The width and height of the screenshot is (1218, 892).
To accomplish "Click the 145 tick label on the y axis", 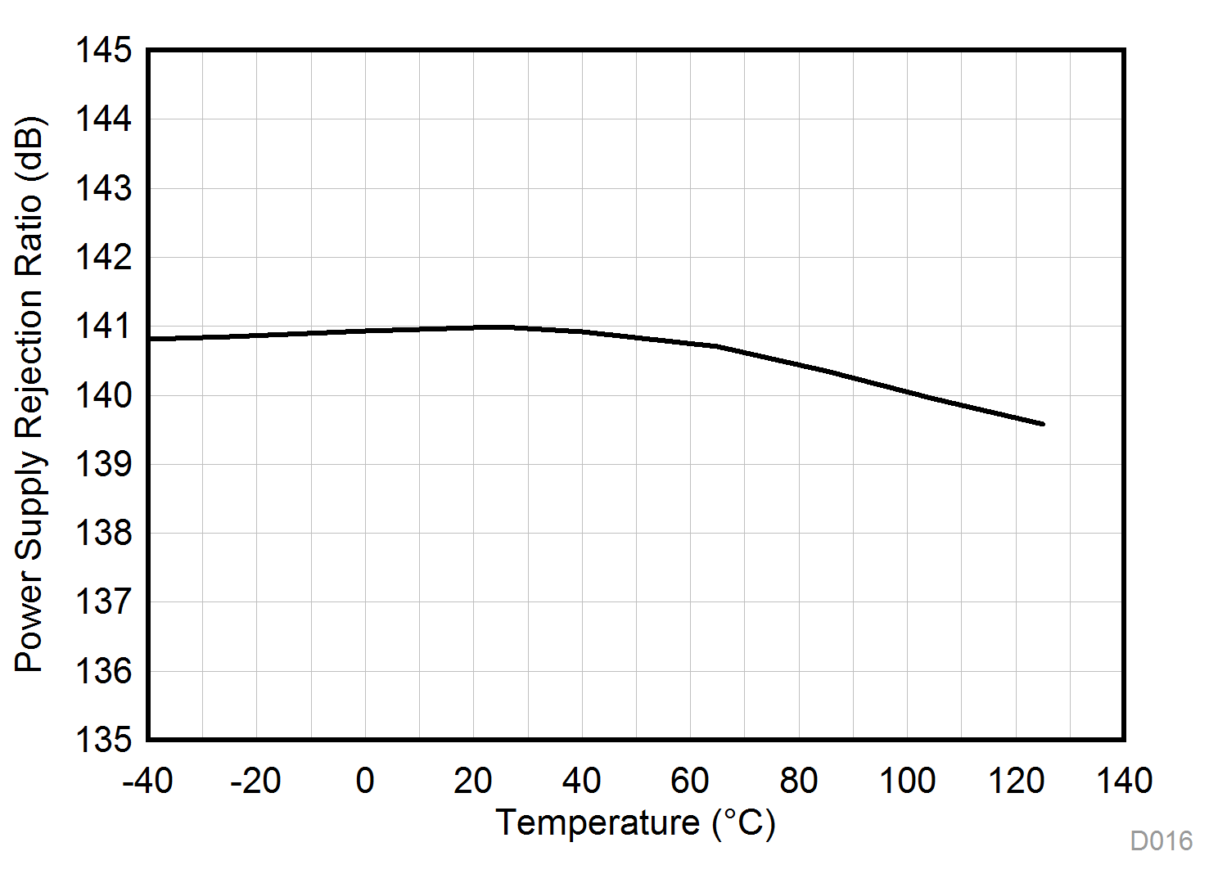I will point(103,51).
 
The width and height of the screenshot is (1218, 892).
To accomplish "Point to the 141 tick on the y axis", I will point(103,327).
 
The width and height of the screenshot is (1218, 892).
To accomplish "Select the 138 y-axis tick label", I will point(103,534).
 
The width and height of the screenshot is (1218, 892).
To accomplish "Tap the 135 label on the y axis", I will point(103,740).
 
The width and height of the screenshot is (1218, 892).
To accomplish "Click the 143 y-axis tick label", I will point(103,189).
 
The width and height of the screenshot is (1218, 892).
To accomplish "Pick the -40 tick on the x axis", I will point(148,781).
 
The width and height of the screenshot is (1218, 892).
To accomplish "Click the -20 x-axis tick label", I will point(256,781).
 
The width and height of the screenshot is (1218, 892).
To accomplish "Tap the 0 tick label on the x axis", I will point(365,781).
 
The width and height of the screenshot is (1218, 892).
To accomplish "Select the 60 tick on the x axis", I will point(690,781).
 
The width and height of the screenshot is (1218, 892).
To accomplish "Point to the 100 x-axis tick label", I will point(907,781).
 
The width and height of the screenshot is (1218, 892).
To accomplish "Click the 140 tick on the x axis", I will point(1124,781).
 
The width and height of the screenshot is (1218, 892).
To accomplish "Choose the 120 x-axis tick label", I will point(1016,781).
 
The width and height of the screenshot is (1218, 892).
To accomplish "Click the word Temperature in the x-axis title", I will point(598,822).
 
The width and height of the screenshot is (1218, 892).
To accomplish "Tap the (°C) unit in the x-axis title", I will point(743,822).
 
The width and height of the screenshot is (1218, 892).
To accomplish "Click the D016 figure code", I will point(1161,840).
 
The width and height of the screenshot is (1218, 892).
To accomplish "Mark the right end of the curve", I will point(1043,423).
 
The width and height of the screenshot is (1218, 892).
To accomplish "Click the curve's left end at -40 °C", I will point(150,338).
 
